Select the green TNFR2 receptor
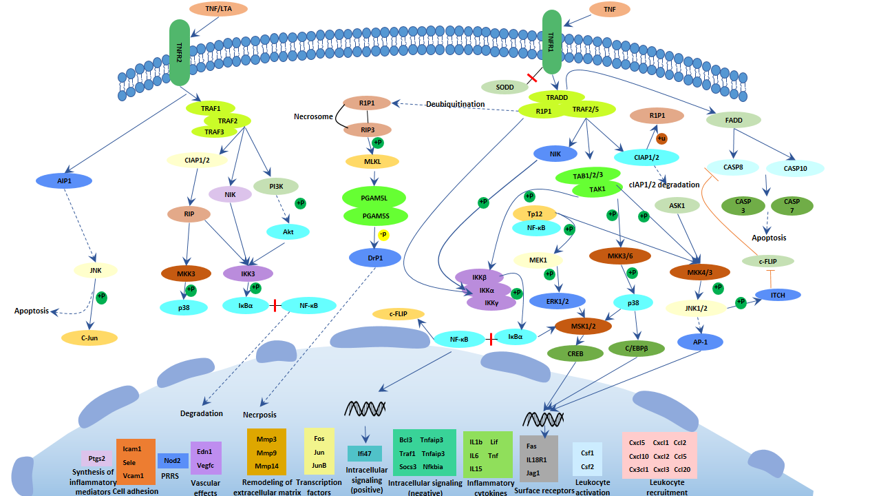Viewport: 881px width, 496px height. point(180,52)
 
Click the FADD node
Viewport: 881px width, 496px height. point(734,120)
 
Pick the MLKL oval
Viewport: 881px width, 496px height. point(372,162)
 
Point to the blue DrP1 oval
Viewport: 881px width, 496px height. point(376,258)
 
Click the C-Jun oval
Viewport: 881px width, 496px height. point(89,338)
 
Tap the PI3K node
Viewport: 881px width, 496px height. point(276,186)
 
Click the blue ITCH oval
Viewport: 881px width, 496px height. point(778,295)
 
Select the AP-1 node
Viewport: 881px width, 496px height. point(701,341)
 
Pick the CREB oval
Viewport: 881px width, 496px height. point(575,354)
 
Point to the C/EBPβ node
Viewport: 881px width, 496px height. point(637,349)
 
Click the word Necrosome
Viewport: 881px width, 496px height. point(314,117)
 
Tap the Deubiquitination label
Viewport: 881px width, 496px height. point(455,104)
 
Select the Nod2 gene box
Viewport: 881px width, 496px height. point(173,460)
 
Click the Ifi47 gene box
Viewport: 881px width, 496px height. point(365,453)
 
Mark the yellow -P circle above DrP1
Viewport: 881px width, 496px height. point(383,235)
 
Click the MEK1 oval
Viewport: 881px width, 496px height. point(538,260)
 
